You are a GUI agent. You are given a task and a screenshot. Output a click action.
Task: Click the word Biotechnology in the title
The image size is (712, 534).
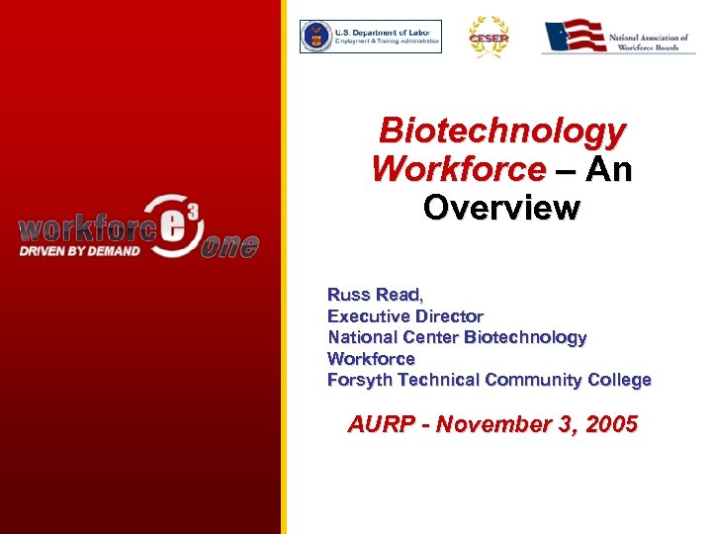(x=502, y=131)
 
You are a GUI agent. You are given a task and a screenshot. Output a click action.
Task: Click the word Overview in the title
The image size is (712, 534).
(x=500, y=209)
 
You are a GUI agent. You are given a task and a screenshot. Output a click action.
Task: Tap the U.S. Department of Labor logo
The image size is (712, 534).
(x=371, y=37)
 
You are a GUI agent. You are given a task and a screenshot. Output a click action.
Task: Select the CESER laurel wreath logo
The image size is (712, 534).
(x=489, y=37)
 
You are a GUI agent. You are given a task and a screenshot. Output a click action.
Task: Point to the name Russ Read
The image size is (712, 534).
(x=374, y=295)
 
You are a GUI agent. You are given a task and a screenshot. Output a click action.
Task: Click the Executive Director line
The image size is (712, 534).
(x=405, y=316)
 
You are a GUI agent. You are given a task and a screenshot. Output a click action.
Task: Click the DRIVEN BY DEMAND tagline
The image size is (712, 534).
(x=79, y=250)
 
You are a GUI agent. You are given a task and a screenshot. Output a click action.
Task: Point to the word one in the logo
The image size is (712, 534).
(x=229, y=245)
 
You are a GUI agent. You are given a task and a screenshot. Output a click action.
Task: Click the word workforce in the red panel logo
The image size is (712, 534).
(x=85, y=228)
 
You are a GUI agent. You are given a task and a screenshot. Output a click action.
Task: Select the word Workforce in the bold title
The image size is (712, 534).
(x=458, y=169)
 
